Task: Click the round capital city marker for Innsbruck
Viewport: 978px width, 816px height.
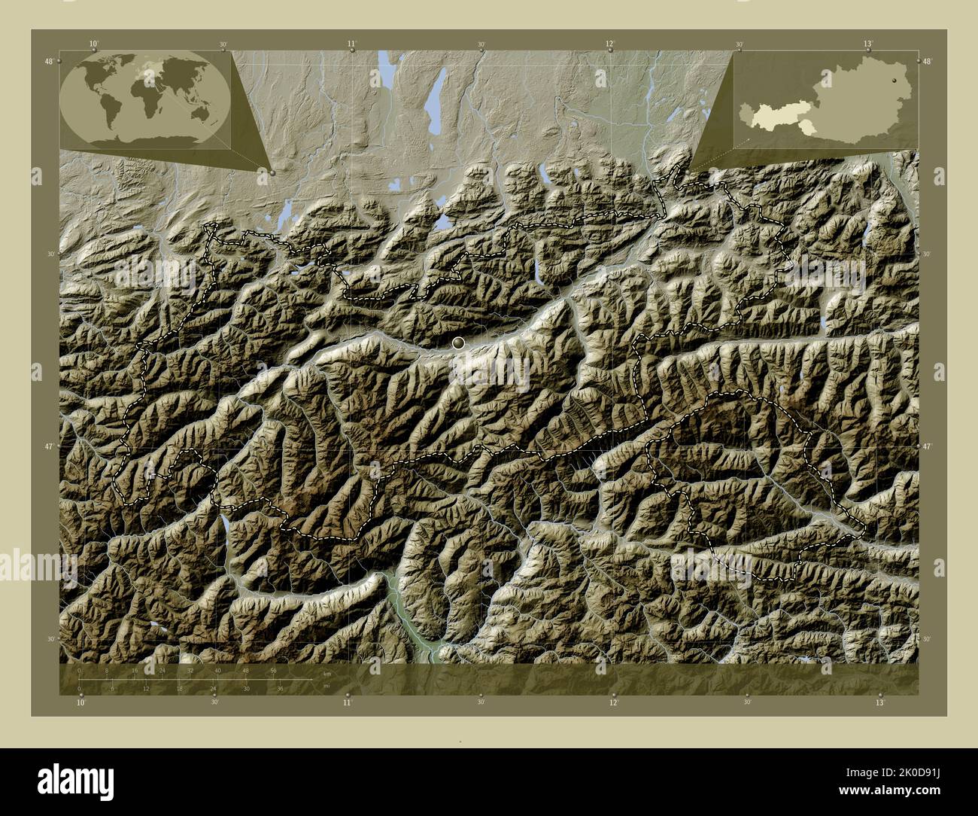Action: (x=458, y=343)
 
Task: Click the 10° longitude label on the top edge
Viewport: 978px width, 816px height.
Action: (x=93, y=44)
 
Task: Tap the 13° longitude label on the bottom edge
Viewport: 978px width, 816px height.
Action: (x=879, y=702)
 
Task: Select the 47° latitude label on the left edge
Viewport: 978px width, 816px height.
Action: (x=48, y=446)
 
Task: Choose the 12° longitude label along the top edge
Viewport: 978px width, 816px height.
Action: (x=610, y=44)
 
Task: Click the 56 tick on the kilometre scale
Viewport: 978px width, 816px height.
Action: (x=272, y=670)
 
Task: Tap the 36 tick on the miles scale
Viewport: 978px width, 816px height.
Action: (x=280, y=688)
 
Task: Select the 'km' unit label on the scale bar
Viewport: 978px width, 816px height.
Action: (x=326, y=673)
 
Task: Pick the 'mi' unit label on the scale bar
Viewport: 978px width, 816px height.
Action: (x=325, y=686)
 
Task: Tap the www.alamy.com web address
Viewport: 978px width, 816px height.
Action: (x=873, y=791)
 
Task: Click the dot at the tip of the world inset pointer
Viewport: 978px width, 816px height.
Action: (x=272, y=172)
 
